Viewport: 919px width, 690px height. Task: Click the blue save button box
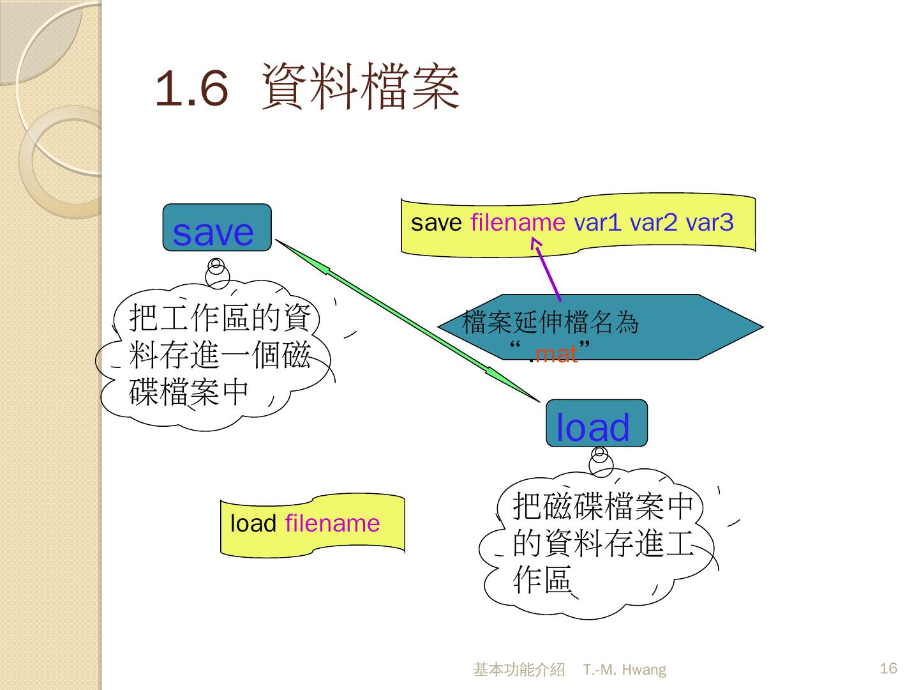(217, 228)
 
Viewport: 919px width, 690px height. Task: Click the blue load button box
(596, 424)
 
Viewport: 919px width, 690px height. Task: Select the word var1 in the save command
(597, 222)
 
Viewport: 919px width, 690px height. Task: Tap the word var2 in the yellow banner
(654, 222)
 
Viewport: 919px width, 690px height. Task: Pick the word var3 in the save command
(709, 222)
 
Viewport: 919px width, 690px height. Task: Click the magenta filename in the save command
(518, 222)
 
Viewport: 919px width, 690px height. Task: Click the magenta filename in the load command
(332, 524)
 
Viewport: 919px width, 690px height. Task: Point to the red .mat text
(555, 353)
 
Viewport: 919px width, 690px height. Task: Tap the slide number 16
(888, 668)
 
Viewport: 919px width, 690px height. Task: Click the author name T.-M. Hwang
(624, 670)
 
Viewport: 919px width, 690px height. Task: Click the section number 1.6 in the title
(191, 89)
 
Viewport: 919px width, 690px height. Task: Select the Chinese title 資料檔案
(361, 88)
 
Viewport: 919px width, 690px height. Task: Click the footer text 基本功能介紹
(519, 670)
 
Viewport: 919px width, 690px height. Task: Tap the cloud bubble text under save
(219, 355)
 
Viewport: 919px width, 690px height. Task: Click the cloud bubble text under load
(602, 543)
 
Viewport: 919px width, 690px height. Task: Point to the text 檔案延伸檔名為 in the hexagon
(550, 323)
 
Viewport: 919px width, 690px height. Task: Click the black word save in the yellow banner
(436, 222)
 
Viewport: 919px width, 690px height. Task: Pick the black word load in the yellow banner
(253, 524)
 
